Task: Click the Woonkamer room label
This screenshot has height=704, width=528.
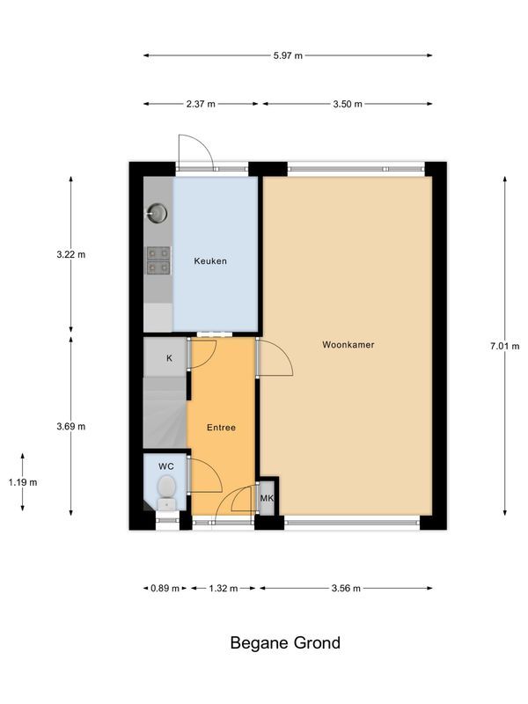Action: pos(348,345)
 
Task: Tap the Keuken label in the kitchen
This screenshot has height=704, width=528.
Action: pos(210,261)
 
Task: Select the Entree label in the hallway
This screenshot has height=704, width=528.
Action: pos(221,428)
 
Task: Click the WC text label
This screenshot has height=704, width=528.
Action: pos(166,466)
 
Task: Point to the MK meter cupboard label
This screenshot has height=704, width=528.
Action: pos(267,499)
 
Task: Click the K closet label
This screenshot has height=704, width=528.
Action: pos(169,358)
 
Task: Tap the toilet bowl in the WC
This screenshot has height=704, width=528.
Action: pos(166,489)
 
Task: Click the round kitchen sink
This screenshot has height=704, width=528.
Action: pos(158,212)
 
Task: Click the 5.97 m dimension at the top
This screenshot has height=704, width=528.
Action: pos(287,55)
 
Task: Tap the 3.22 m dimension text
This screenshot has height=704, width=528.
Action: pos(70,254)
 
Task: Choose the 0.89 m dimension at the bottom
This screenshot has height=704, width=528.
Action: pos(164,589)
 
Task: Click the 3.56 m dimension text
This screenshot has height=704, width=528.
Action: pos(344,589)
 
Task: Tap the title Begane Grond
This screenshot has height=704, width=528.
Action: pos(285,643)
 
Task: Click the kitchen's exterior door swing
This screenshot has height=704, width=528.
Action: pos(195,150)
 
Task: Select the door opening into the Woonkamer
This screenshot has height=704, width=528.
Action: pos(275,359)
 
